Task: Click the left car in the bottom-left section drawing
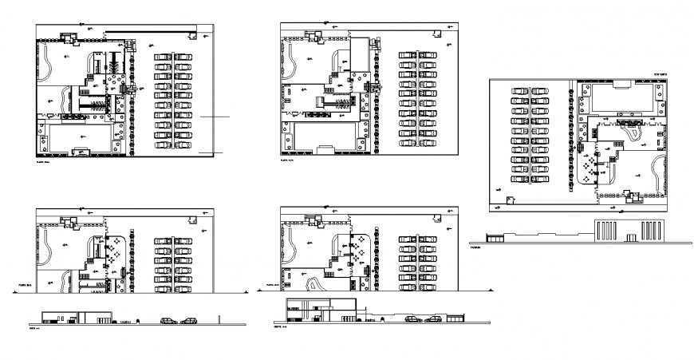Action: coord(169,321)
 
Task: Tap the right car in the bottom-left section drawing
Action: coord(189,321)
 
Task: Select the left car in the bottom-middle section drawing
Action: coord(413,318)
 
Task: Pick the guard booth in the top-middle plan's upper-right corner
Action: coord(435,34)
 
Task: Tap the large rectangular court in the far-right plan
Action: coord(621,98)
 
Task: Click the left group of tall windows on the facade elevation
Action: coord(605,230)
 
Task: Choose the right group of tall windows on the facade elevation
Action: coord(652,230)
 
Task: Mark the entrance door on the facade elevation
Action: coord(629,236)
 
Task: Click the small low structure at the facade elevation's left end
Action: coord(491,237)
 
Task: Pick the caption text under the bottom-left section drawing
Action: coord(33,328)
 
